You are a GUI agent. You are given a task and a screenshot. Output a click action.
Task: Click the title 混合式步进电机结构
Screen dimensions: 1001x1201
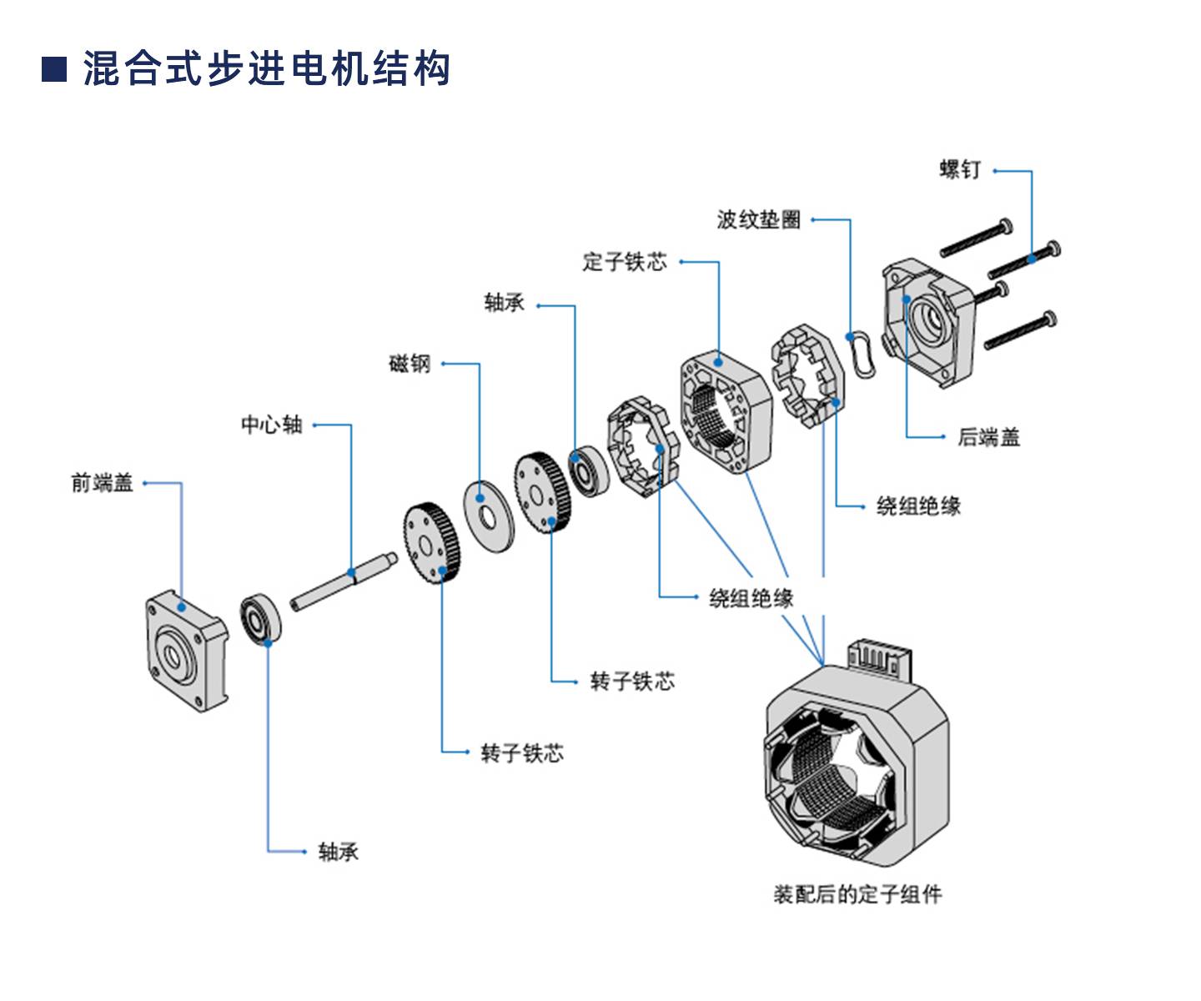pyautogui.click(x=267, y=68)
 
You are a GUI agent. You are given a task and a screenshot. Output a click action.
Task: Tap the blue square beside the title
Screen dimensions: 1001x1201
pyautogui.click(x=54, y=69)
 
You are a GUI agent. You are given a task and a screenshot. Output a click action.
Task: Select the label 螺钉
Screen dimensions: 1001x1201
pyautogui.click(x=960, y=170)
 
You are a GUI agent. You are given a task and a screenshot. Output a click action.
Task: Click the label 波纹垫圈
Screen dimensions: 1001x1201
pyautogui.click(x=758, y=219)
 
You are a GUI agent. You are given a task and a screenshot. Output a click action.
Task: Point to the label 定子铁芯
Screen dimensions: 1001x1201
pyautogui.click(x=625, y=262)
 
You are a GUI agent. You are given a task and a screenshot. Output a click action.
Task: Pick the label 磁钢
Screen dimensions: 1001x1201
pyautogui.click(x=410, y=364)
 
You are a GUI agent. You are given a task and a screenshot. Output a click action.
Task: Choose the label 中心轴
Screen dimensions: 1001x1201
pyautogui.click(x=272, y=425)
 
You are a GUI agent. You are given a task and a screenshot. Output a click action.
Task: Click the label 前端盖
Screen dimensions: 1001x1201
pyautogui.click(x=102, y=483)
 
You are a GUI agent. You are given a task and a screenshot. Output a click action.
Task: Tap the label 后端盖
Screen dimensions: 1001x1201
pyautogui.click(x=988, y=437)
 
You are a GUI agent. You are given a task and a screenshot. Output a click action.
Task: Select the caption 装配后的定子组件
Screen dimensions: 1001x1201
pyautogui.click(x=857, y=894)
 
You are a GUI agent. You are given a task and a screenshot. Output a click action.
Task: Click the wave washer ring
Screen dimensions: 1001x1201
pyautogui.click(x=861, y=354)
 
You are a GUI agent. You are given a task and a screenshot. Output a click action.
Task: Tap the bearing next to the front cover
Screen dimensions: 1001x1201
pyautogui.click(x=261, y=620)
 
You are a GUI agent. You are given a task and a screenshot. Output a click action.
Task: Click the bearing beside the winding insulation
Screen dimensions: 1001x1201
pyautogui.click(x=586, y=471)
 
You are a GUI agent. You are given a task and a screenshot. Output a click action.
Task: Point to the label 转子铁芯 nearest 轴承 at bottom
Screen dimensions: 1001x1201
pyautogui.click(x=522, y=753)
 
